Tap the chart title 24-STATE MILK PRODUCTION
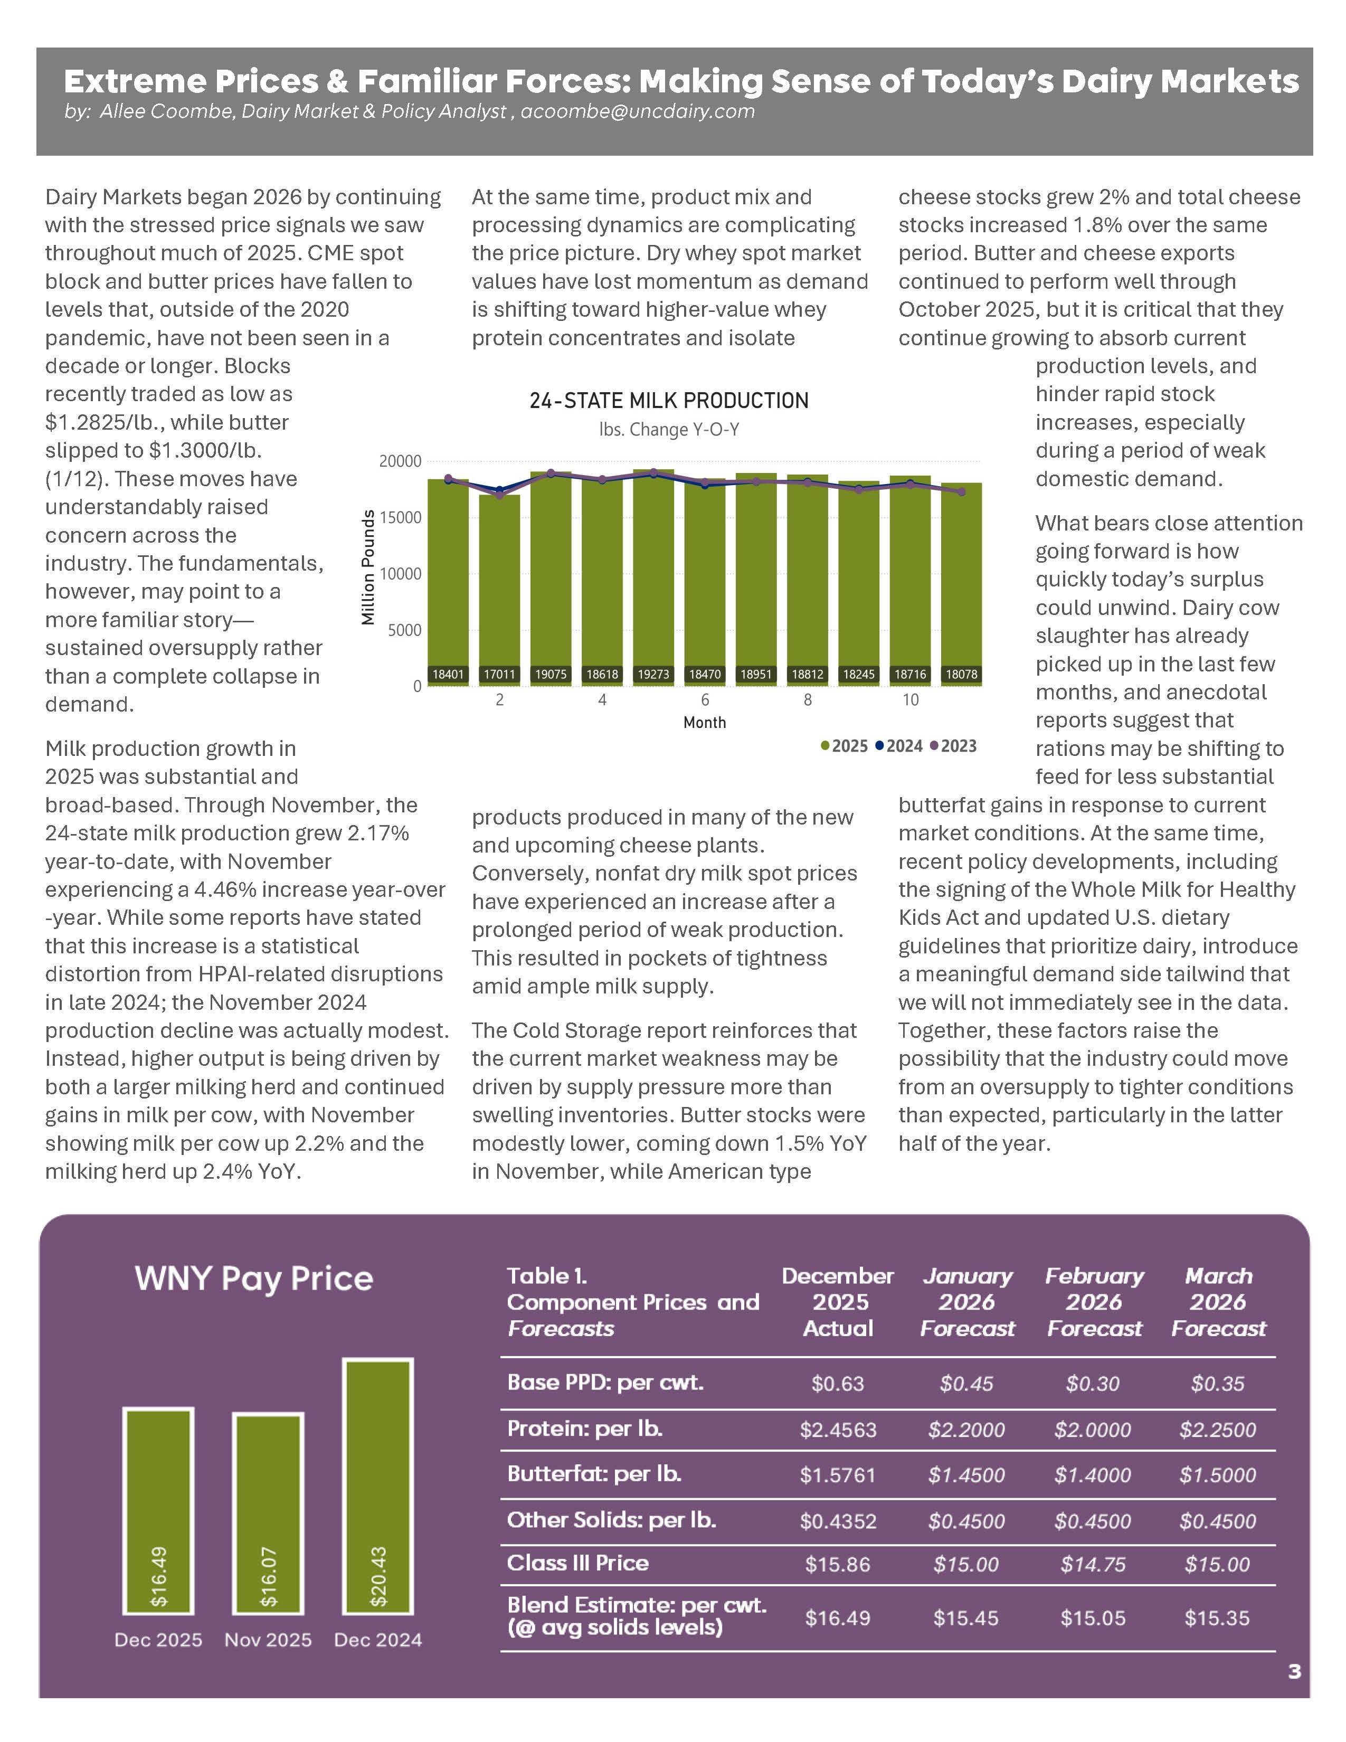click(x=669, y=401)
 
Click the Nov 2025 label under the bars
click(x=268, y=1640)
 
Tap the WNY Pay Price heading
click(x=253, y=1279)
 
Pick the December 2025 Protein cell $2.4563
click(x=838, y=1429)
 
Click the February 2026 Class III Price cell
click(x=1093, y=1564)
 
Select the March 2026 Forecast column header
click(x=1218, y=1302)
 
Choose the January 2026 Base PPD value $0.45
click(x=966, y=1383)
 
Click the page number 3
click(x=1294, y=1671)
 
